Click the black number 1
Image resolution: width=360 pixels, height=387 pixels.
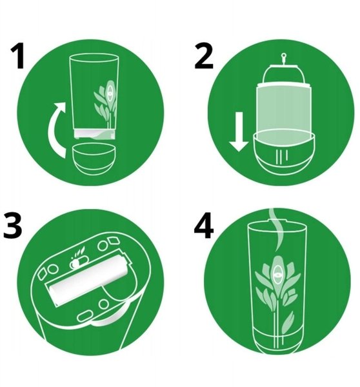[x=18, y=55]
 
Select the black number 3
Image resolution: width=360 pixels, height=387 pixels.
[x=13, y=226]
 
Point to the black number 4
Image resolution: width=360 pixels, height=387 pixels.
[x=204, y=226]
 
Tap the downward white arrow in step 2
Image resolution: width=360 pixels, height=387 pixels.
[x=239, y=132]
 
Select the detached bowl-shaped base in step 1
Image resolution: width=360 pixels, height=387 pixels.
[x=94, y=159]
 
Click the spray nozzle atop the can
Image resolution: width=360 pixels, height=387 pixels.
[x=284, y=59]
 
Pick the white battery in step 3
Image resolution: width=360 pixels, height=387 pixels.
[x=89, y=281]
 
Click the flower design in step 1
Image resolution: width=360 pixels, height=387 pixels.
[x=106, y=104]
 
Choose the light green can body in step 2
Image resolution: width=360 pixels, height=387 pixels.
[x=283, y=108]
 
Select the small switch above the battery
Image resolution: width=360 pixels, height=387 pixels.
[x=79, y=263]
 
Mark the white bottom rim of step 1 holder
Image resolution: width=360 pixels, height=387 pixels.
[x=94, y=134]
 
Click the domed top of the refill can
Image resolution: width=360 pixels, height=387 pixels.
[x=283, y=74]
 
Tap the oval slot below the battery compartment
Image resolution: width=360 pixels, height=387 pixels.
[x=85, y=316]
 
